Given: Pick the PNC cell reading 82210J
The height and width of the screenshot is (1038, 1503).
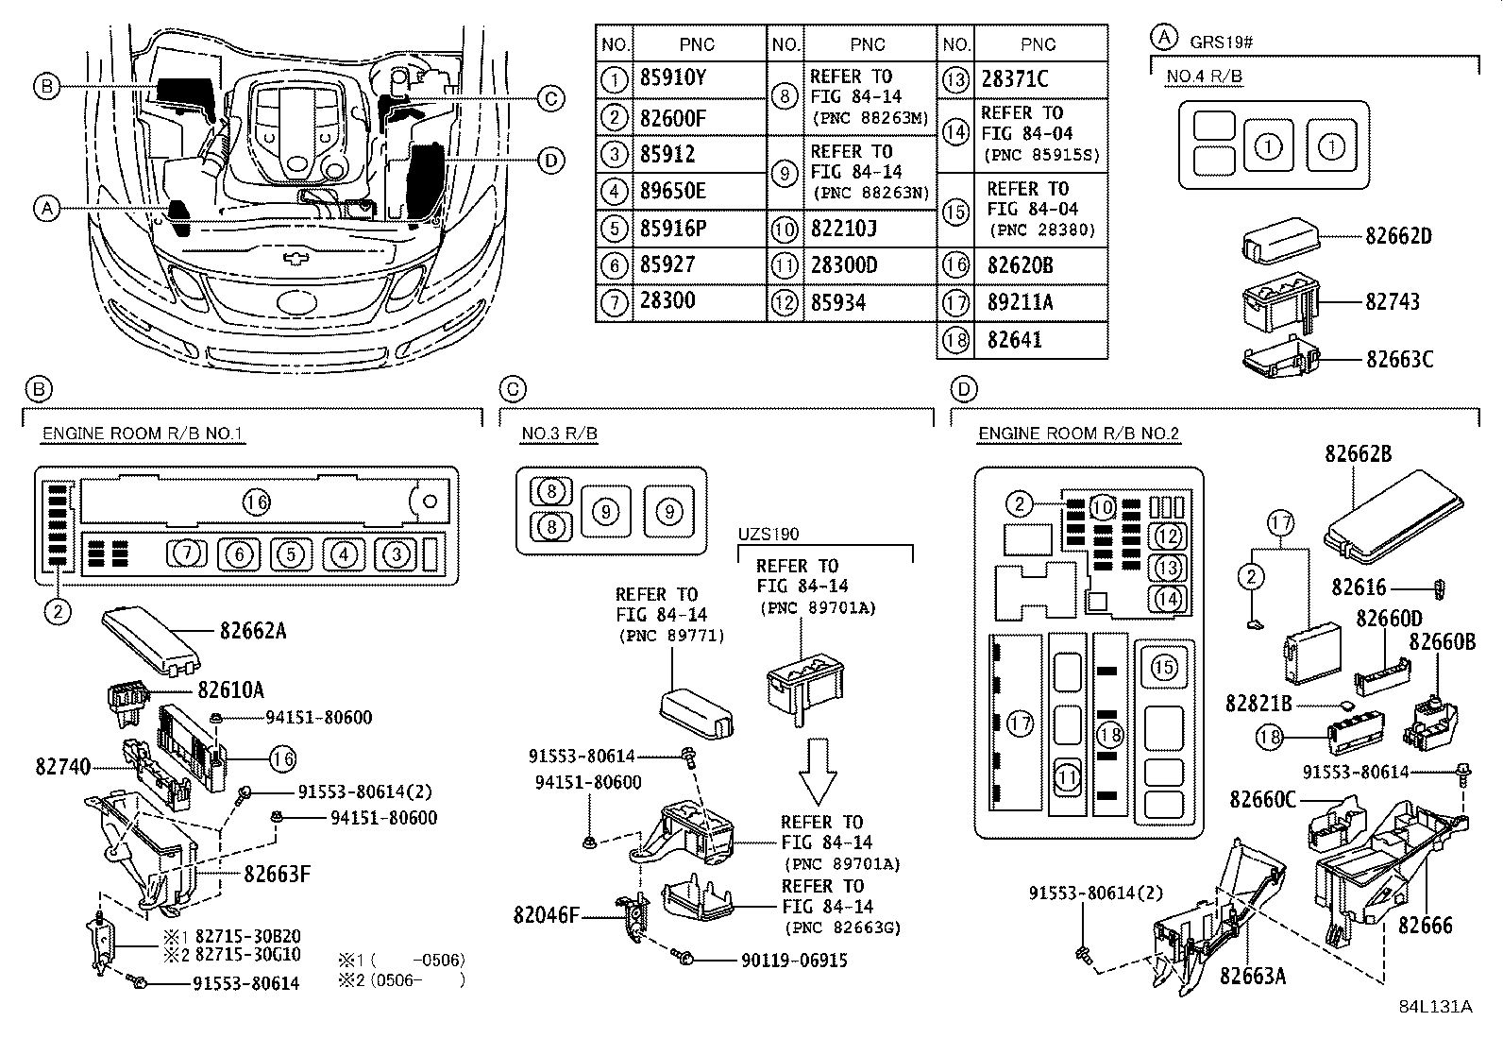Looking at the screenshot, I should (843, 229).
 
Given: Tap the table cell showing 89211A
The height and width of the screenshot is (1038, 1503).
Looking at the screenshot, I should (1021, 302).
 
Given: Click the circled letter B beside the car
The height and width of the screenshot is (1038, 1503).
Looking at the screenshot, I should (45, 87).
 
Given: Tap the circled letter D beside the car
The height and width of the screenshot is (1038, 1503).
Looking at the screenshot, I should (551, 161).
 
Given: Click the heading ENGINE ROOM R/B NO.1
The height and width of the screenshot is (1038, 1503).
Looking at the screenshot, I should (143, 434).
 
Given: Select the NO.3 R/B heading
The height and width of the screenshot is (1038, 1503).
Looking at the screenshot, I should (559, 434).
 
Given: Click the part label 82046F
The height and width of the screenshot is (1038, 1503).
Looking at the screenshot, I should (546, 915).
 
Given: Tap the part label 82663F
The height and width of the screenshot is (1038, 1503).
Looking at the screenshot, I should (277, 874).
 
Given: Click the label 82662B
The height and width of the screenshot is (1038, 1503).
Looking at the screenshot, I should (1358, 453).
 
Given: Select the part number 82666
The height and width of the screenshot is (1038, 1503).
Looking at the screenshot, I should (1426, 927).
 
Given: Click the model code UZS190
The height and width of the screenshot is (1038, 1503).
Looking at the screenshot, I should (768, 535).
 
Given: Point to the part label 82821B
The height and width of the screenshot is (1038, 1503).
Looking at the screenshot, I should (1258, 705).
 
